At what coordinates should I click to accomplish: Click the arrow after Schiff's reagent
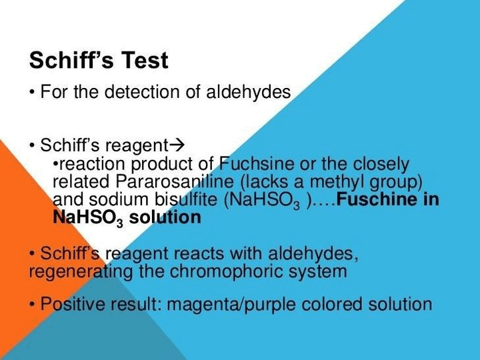tap(177, 145)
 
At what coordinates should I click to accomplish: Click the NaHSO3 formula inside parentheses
tap(267, 200)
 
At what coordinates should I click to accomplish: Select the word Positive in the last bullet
tap(70, 305)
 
